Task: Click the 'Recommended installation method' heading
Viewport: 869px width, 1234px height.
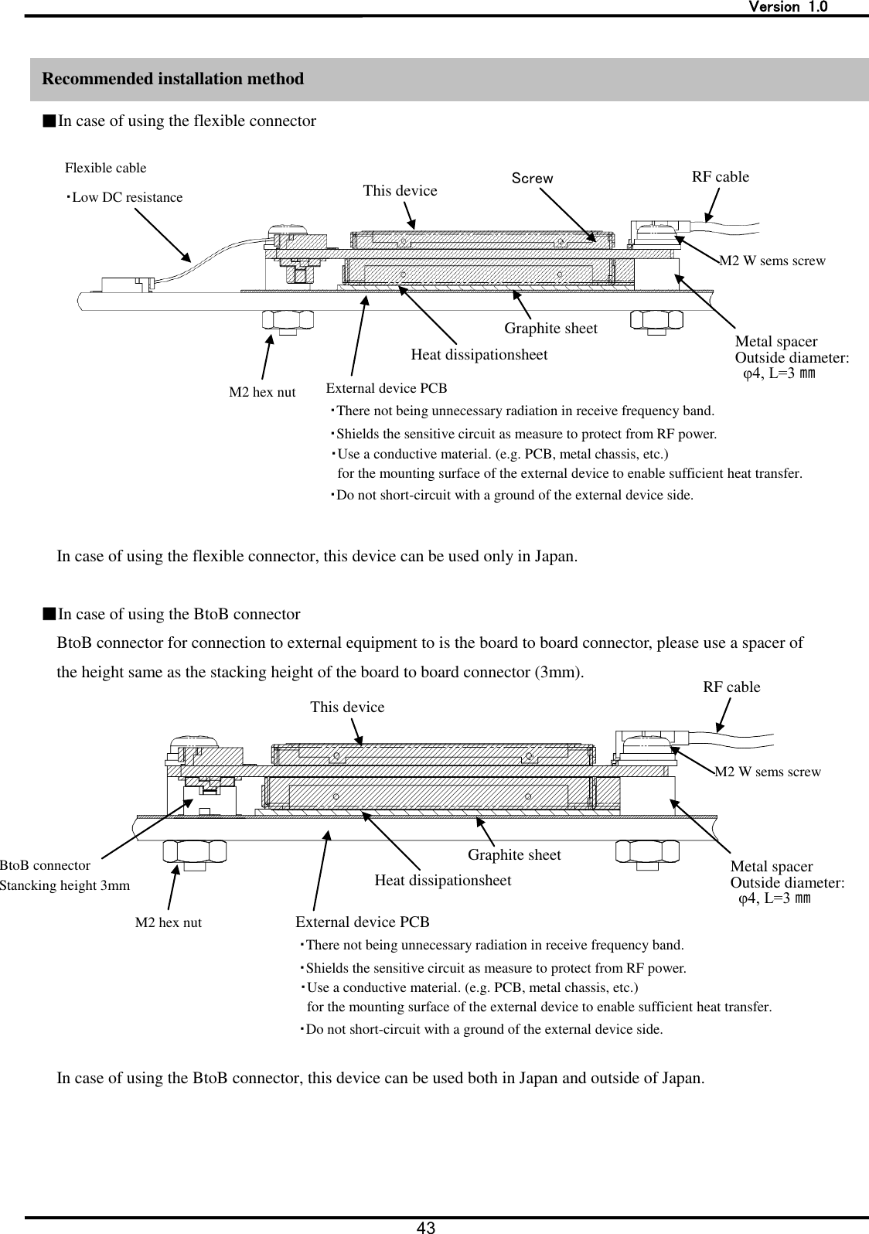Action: pyautogui.click(x=172, y=79)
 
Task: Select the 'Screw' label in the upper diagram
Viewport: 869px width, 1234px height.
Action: pyautogui.click(x=533, y=179)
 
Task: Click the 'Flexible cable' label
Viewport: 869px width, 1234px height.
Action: pyautogui.click(x=105, y=168)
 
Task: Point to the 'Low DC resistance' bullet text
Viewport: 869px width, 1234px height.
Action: pyautogui.click(x=125, y=198)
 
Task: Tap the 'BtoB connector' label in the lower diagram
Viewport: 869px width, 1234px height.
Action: pyautogui.click(x=46, y=866)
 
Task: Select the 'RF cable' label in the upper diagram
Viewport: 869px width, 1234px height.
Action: pyautogui.click(x=720, y=177)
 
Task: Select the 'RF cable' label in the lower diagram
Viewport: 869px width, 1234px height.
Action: pyautogui.click(x=731, y=687)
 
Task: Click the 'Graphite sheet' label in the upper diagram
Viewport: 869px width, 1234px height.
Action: pyautogui.click(x=550, y=329)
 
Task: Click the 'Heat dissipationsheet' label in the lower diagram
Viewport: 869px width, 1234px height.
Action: pyautogui.click(x=442, y=881)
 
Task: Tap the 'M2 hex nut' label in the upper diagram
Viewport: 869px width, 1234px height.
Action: pyautogui.click(x=262, y=393)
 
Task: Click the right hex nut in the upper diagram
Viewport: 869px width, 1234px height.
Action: pyautogui.click(x=656, y=321)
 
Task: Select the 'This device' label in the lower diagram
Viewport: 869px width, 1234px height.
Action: pyautogui.click(x=346, y=707)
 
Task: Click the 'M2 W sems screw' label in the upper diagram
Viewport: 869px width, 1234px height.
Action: pyautogui.click(x=772, y=261)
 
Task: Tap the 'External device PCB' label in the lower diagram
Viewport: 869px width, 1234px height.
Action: pyautogui.click(x=363, y=922)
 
